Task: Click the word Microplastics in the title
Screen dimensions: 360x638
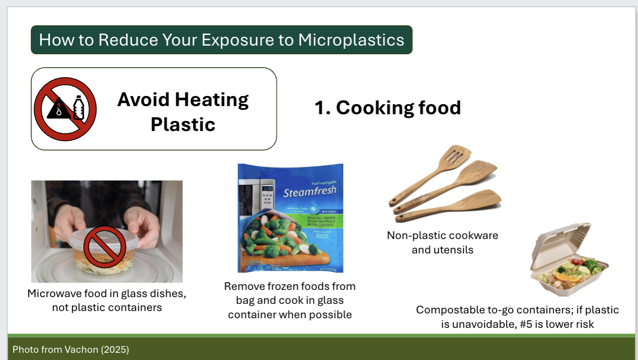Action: (x=351, y=40)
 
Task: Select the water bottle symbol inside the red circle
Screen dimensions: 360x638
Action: (x=79, y=108)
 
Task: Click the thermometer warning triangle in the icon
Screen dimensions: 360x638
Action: (x=58, y=109)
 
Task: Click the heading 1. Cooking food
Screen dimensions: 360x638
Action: (x=387, y=108)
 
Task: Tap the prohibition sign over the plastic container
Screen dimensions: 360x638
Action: (x=105, y=247)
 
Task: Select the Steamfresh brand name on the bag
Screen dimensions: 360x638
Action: (x=309, y=192)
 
